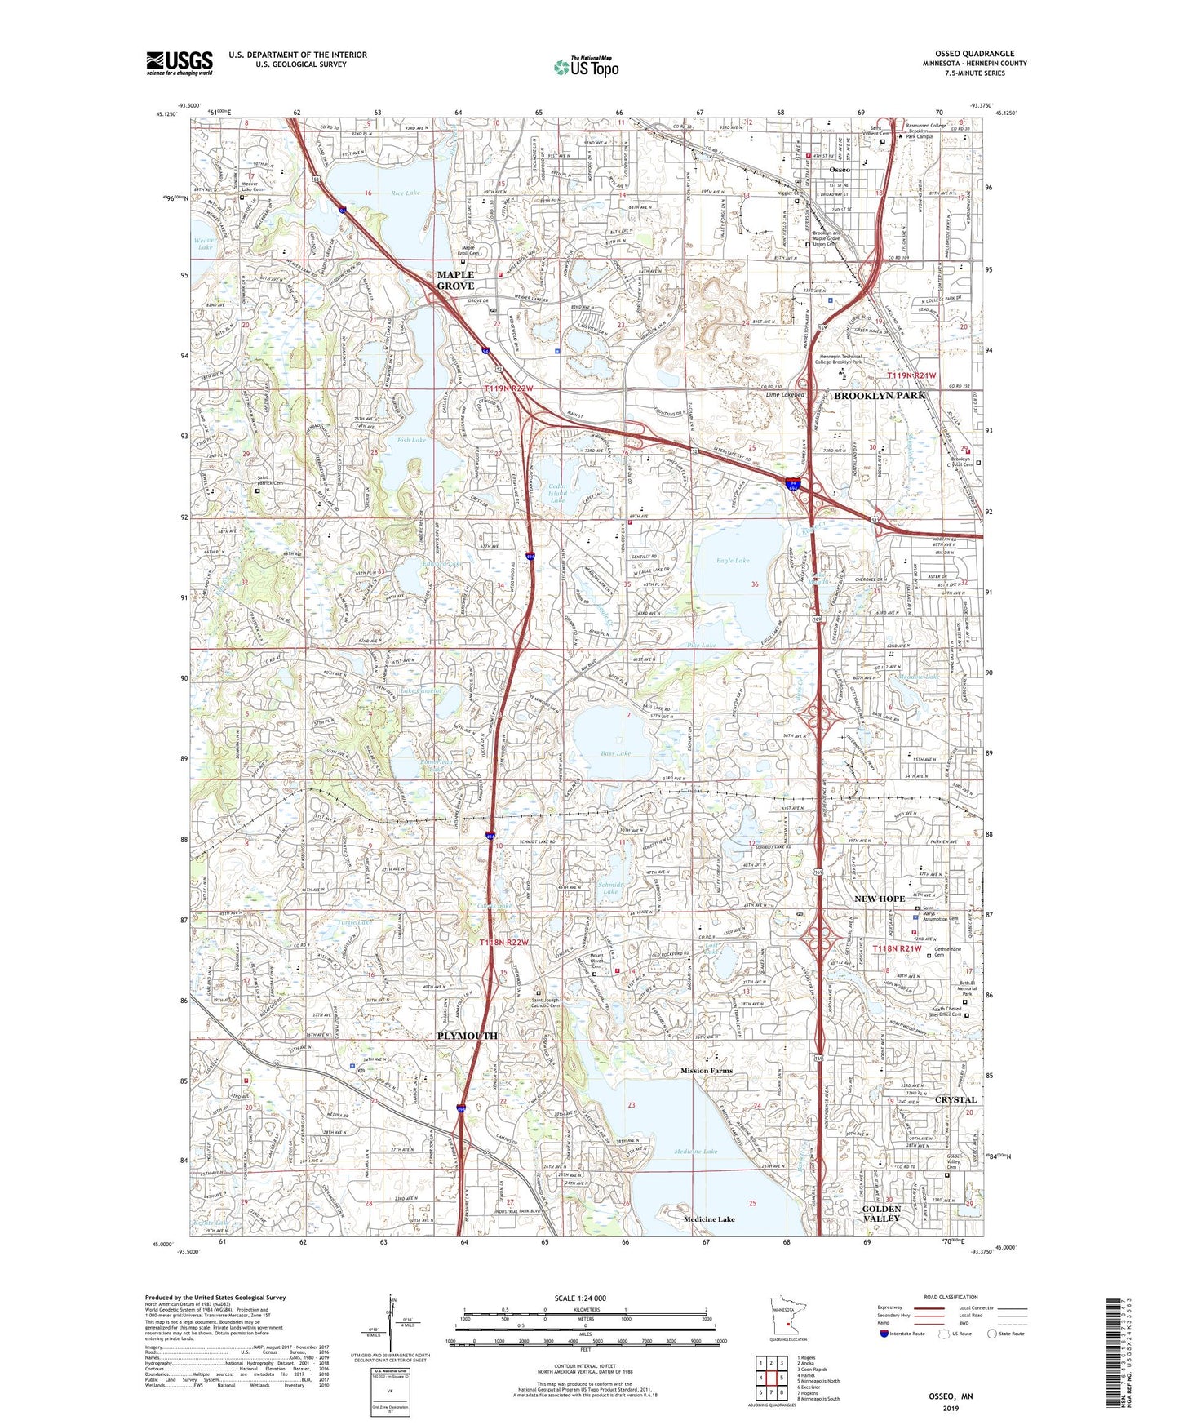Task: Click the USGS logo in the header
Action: (x=180, y=62)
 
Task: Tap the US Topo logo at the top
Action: (x=585, y=67)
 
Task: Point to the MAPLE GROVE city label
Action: (x=455, y=281)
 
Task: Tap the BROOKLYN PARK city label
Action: (x=880, y=395)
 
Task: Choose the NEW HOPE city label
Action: (x=879, y=899)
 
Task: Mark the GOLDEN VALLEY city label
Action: (x=881, y=1213)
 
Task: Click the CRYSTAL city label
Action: (x=955, y=1099)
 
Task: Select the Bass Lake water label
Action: (x=615, y=753)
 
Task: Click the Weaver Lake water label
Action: (x=206, y=242)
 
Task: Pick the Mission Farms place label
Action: (x=707, y=1070)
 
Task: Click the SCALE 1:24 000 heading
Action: (x=579, y=1298)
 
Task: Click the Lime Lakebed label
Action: (x=785, y=394)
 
